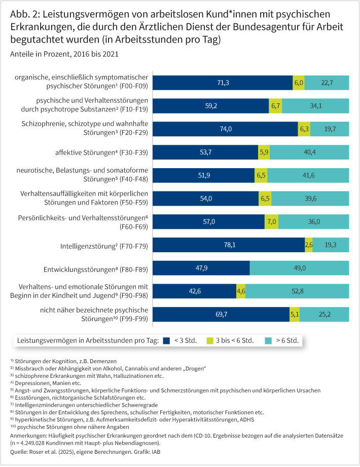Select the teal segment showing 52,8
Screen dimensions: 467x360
[297, 291]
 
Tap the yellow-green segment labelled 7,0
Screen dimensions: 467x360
[271, 221]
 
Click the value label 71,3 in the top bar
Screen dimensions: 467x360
[223, 83]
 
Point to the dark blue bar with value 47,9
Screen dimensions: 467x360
[201, 268]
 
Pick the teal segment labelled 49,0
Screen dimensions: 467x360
[299, 268]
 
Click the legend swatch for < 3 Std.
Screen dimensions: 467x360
[167, 340]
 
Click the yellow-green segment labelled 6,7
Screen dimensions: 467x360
[276, 106]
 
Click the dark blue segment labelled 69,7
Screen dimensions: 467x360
[221, 314]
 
